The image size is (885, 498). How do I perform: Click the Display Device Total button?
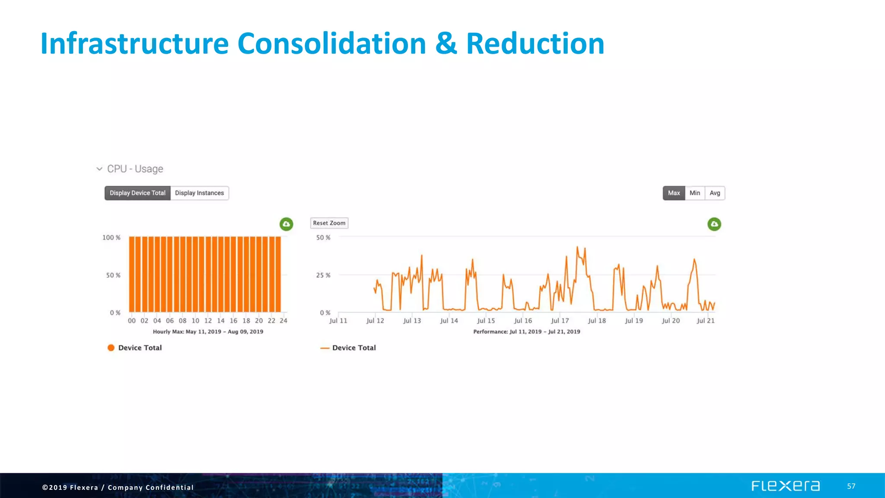pos(137,193)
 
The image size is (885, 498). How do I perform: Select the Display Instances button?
pos(199,193)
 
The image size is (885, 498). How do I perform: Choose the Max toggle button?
pos(674,193)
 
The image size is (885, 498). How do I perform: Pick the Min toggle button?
pos(694,193)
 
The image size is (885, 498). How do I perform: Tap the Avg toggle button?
pos(715,193)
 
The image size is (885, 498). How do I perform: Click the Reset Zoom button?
pos(329,223)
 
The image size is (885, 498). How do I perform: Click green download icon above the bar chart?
pos(286,224)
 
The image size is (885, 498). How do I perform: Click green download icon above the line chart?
pos(714,224)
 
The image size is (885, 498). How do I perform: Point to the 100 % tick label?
pos(111,238)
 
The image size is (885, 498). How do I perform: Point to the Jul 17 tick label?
pos(560,321)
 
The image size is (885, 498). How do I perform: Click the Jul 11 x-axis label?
pos(338,321)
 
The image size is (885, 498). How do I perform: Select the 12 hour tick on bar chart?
pos(208,321)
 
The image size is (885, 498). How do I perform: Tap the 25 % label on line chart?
pos(323,275)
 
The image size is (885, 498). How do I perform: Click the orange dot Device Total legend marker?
pos(111,348)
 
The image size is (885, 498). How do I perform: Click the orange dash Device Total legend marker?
pos(325,348)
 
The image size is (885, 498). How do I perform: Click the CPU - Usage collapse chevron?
pos(99,169)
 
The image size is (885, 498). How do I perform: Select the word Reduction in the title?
pos(535,44)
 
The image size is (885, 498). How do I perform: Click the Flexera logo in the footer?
pos(785,486)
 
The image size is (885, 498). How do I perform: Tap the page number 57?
pos(851,486)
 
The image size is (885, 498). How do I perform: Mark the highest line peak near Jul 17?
pos(577,247)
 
